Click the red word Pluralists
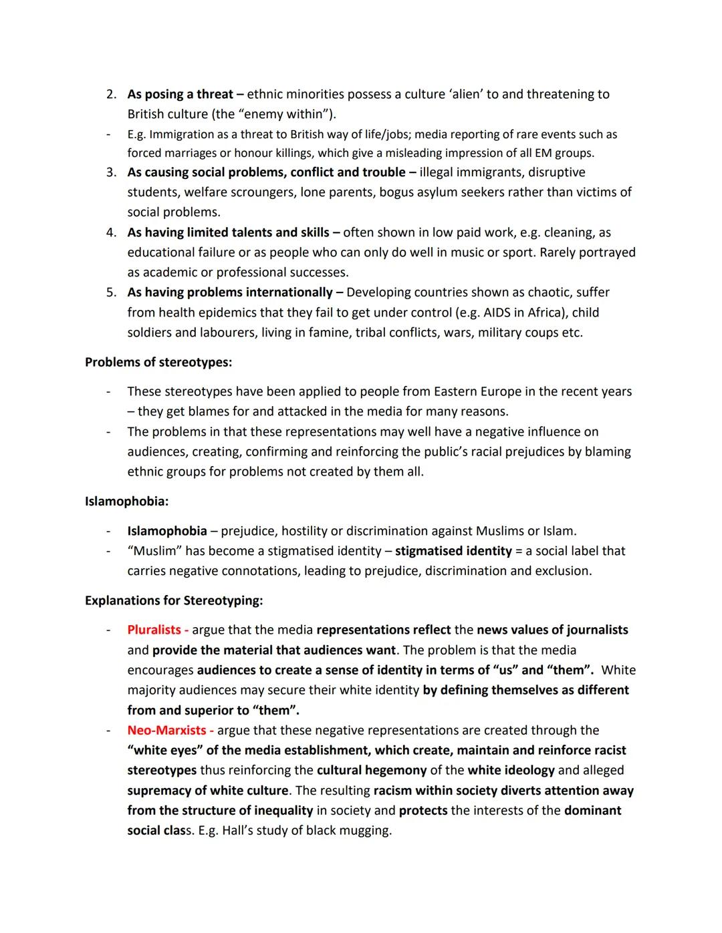[x=154, y=630]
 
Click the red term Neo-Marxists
[x=167, y=730]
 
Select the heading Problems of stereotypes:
[x=158, y=362]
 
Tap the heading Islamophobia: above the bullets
[x=126, y=501]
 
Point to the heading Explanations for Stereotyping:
[x=174, y=600]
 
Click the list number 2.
[x=111, y=94]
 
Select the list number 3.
[x=111, y=172]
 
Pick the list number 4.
[x=111, y=232]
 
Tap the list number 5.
[x=111, y=292]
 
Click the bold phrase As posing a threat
[x=180, y=94]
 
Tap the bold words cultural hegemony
[x=372, y=770]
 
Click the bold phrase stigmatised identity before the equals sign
[x=453, y=551]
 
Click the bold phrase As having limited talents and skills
[x=229, y=232]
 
